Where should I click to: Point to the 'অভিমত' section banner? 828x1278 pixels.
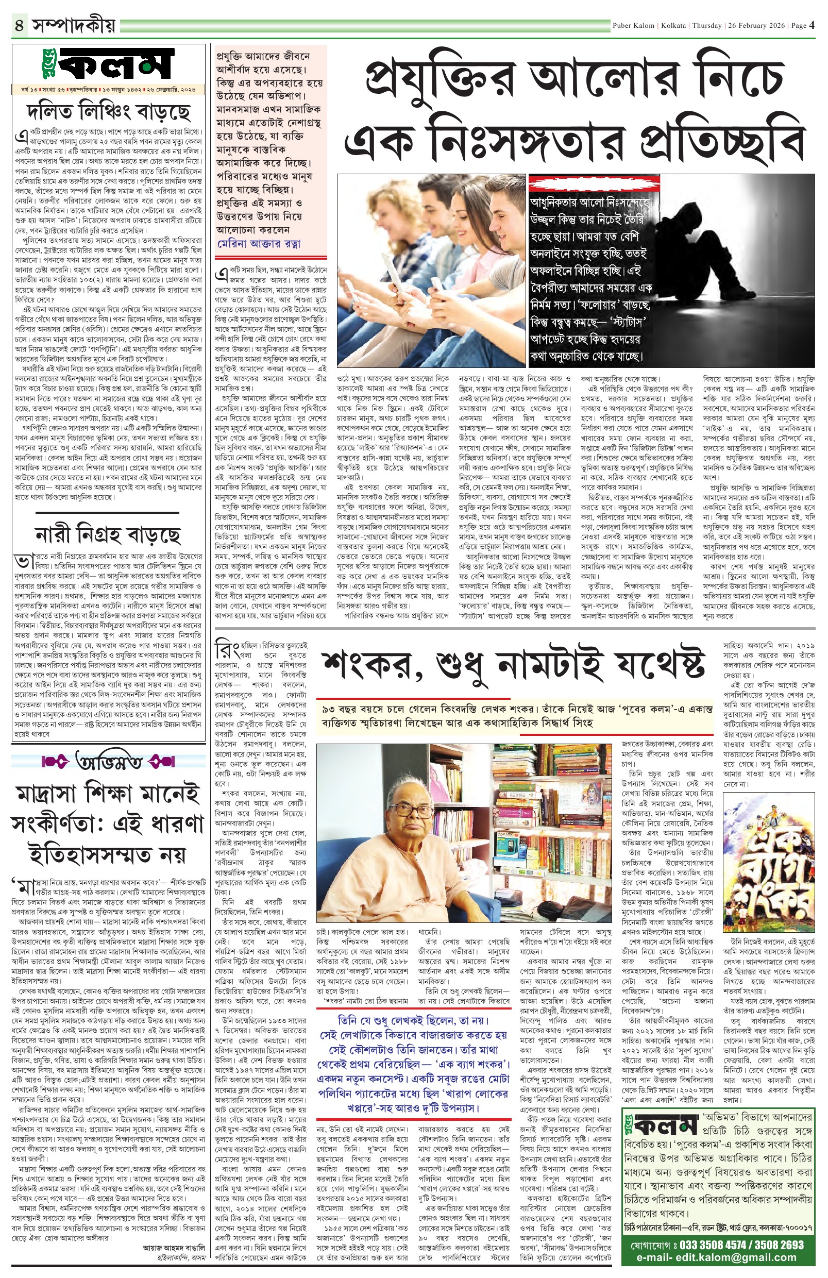[109, 762]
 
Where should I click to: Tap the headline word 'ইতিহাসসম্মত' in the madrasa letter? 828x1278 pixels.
[107, 854]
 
